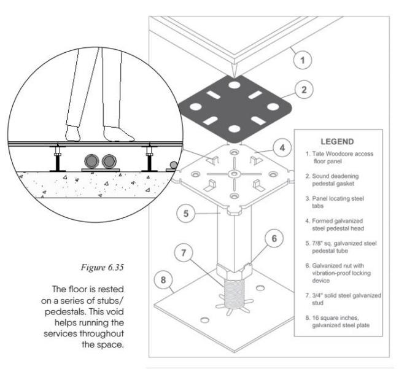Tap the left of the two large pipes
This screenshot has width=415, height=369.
92,161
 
